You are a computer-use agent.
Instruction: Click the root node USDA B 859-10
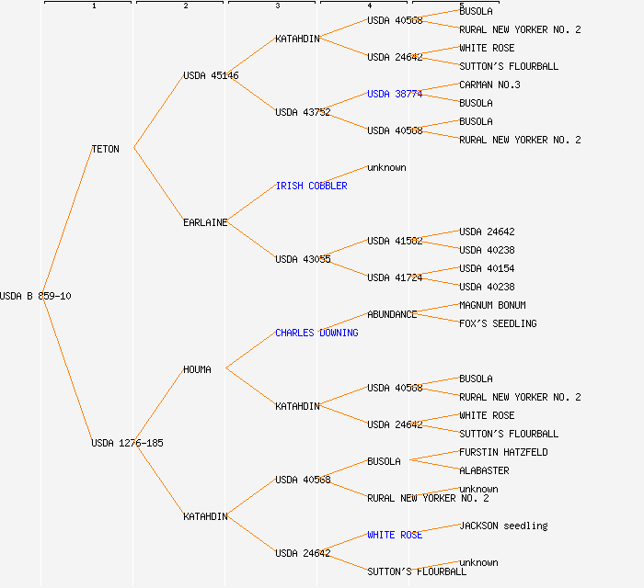pyautogui.click(x=36, y=296)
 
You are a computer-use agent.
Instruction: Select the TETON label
pyautogui.click(x=105, y=149)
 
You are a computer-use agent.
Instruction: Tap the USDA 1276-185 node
pyautogui.click(x=127, y=443)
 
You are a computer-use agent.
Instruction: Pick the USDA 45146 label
pyautogui.click(x=211, y=75)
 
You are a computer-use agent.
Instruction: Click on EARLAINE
pyautogui.click(x=205, y=222)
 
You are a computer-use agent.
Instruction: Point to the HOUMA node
pyautogui.click(x=197, y=369)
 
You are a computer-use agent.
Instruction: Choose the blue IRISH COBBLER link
pyautogui.click(x=311, y=186)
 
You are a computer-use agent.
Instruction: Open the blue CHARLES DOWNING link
pyautogui.click(x=316, y=333)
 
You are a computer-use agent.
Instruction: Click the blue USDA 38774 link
pyautogui.click(x=395, y=94)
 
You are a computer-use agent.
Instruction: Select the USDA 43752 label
pyautogui.click(x=303, y=112)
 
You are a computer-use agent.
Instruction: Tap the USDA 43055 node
pyautogui.click(x=303, y=259)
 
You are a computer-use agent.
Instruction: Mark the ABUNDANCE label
pyautogui.click(x=392, y=314)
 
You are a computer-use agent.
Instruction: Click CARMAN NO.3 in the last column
pyautogui.click(x=489, y=85)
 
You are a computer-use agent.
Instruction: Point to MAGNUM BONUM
pyautogui.click(x=492, y=305)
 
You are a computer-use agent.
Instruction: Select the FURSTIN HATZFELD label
pyautogui.click(x=503, y=452)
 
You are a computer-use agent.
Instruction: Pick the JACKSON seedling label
pyautogui.click(x=503, y=526)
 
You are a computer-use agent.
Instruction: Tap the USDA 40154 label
pyautogui.click(x=487, y=268)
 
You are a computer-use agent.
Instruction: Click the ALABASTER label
pyautogui.click(x=484, y=470)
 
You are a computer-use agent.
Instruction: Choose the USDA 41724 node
pyautogui.click(x=395, y=277)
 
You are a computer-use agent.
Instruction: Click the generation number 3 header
pyautogui.click(x=277, y=6)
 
